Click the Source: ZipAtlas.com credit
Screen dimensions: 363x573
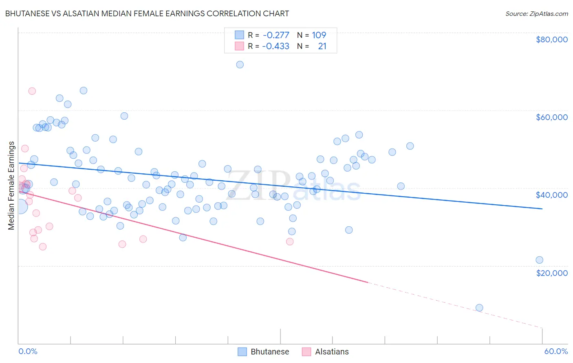[536, 14]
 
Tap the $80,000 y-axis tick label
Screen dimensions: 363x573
[551, 39]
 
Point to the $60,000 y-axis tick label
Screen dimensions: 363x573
[551, 117]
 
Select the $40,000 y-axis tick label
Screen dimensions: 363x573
[551, 195]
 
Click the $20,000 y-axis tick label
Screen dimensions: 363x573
[551, 273]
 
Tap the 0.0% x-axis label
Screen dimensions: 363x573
[28, 351]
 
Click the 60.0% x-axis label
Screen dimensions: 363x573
[555, 351]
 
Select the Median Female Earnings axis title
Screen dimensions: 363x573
[11, 186]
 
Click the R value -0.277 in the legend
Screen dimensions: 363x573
[276, 35]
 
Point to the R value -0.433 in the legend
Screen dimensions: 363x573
[276, 46]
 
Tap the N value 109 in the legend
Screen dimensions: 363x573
[319, 35]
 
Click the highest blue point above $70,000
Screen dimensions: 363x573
[240, 65]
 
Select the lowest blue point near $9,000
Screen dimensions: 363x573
[479, 308]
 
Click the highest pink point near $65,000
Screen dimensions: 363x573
[32, 91]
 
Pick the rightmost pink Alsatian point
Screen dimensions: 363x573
[290, 242]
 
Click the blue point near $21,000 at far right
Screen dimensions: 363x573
[539, 260]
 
